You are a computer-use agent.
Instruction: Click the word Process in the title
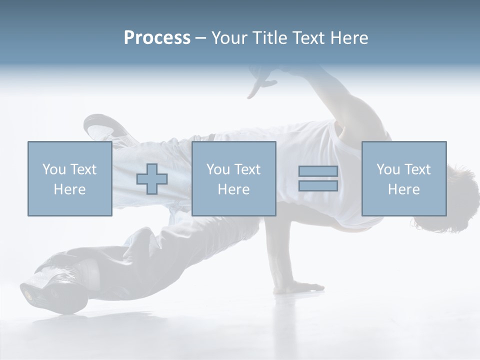click(157, 38)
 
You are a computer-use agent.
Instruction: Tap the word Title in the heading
click(270, 38)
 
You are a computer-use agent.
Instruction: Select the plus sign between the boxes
click(152, 179)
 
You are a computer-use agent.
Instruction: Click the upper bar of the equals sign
click(318, 171)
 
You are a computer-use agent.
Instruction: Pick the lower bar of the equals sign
click(318, 186)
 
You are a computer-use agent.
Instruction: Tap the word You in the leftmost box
click(54, 169)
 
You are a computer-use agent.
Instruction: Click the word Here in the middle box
click(233, 189)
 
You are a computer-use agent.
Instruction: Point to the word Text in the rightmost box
click(417, 169)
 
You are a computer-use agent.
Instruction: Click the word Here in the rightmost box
click(404, 189)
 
